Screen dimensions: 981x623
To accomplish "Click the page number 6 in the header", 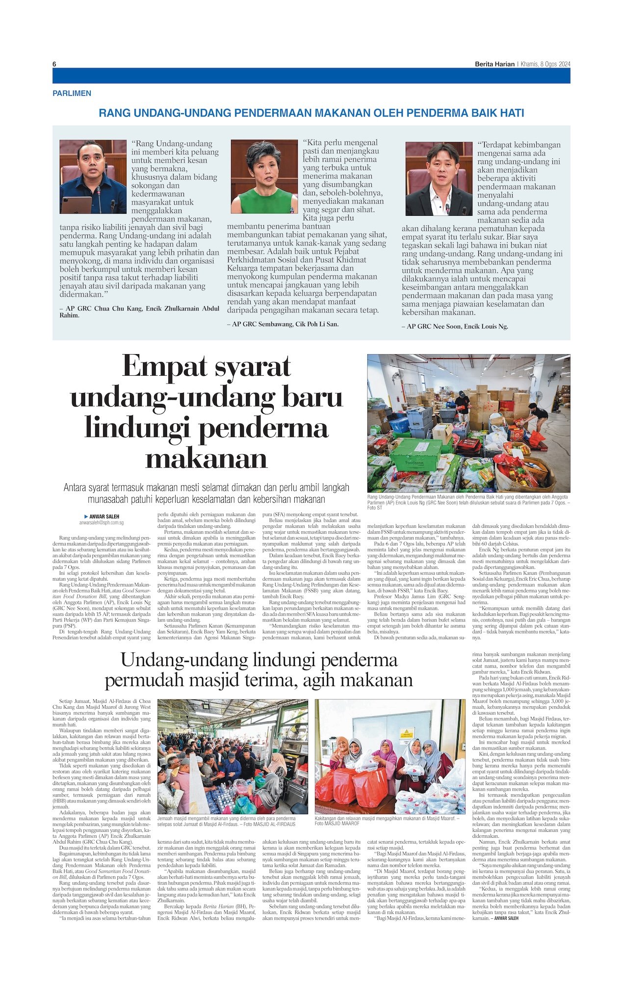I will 54,64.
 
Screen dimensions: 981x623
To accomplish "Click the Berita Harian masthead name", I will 494,64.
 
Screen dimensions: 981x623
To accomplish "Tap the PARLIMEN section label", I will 72,93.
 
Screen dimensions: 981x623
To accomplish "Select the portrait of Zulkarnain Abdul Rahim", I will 93,177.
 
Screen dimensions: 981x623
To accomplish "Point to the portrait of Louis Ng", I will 439,179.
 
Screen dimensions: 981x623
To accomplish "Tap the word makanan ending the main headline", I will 206,458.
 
